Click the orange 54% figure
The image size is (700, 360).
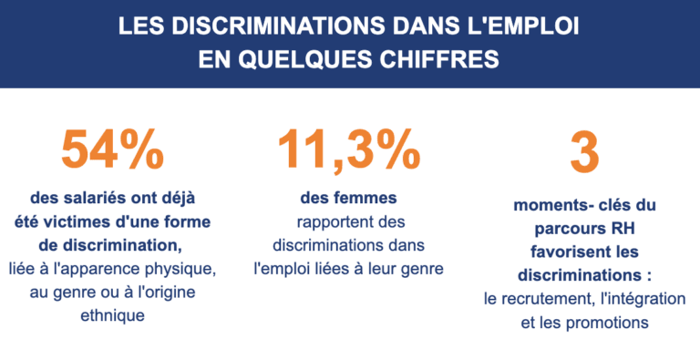[x=112, y=149]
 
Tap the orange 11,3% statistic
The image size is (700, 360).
[x=349, y=150]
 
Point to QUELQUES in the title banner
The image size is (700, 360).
[x=305, y=59]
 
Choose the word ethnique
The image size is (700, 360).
[x=112, y=315]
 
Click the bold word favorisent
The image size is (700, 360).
[x=563, y=252]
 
